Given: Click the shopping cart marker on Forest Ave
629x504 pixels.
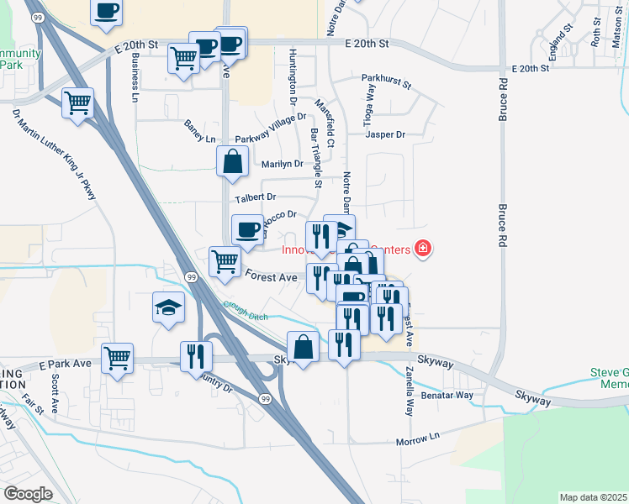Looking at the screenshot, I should [225, 262].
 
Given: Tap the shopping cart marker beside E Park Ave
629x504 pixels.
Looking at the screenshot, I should [117, 358].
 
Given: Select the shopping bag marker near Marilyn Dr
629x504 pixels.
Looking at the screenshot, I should [232, 161].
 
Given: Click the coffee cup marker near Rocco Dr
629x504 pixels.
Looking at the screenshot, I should [247, 229].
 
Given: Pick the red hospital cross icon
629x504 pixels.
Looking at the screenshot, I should [422, 249].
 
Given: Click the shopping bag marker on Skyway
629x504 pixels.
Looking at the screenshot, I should [303, 346].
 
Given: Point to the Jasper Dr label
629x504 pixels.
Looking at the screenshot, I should [386, 134].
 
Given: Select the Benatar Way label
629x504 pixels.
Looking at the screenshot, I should [447, 395].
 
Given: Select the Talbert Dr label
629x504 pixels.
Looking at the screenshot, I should [256, 198].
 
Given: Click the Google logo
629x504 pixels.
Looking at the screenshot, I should [28, 493].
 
